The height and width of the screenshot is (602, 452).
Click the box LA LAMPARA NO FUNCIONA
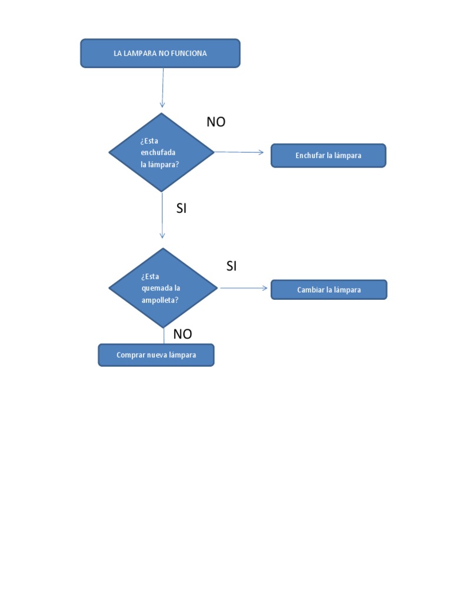click(x=160, y=53)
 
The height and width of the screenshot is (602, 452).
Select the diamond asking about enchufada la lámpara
click(x=162, y=152)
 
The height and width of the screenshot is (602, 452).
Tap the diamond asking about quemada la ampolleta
click(x=163, y=288)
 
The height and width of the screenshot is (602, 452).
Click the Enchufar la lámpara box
click(x=328, y=156)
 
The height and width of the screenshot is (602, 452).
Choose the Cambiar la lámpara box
click(x=328, y=290)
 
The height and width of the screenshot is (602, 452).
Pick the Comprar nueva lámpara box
click(x=156, y=355)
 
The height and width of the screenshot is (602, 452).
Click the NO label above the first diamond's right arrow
click(x=216, y=122)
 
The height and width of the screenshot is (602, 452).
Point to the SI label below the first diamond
click(x=181, y=208)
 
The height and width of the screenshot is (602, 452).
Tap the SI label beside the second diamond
click(x=231, y=266)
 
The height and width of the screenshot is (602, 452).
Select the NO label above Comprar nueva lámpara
click(x=182, y=335)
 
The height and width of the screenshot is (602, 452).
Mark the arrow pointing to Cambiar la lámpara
click(x=244, y=288)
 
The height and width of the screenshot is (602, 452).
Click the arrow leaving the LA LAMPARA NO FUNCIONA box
click(x=162, y=88)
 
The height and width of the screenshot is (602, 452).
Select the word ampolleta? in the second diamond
click(x=160, y=300)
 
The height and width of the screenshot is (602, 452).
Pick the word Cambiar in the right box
click(x=310, y=290)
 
